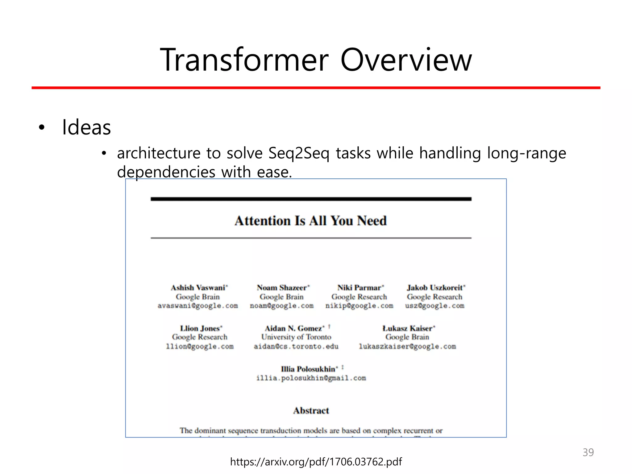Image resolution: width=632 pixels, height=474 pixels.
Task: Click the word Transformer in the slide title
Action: pyautogui.click(x=244, y=60)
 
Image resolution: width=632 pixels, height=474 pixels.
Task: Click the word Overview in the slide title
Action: pyautogui.click(x=406, y=60)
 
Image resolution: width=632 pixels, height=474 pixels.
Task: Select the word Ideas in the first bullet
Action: pyautogui.click(x=86, y=127)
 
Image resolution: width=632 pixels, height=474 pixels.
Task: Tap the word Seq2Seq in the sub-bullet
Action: pyautogui.click(x=299, y=153)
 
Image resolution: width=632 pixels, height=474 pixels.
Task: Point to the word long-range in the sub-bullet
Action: pyautogui.click(x=526, y=153)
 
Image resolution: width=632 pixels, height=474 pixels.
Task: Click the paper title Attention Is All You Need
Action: pyautogui.click(x=310, y=221)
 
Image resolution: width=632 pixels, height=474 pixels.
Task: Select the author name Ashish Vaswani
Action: pyautogui.click(x=198, y=288)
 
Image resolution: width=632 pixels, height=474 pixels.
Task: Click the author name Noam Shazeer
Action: pyautogui.click(x=282, y=288)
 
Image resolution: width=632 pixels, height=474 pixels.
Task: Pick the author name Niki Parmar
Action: pyautogui.click(x=359, y=288)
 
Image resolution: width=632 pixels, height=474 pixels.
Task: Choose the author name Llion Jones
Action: pyautogui.click(x=200, y=328)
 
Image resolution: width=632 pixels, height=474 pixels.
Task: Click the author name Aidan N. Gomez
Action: pyautogui.click(x=293, y=328)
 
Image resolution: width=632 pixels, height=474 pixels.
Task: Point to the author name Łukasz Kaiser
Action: pyautogui.click(x=407, y=328)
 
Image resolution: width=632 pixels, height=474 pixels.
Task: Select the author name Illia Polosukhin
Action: pyautogui.click(x=308, y=369)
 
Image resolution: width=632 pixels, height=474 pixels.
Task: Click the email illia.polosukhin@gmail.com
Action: pyautogui.click(x=311, y=378)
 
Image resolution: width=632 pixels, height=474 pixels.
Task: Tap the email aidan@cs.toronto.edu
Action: pyautogui.click(x=296, y=346)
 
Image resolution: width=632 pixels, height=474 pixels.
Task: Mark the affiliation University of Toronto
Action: pyautogui.click(x=296, y=337)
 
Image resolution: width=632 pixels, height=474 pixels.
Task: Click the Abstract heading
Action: pyautogui.click(x=311, y=410)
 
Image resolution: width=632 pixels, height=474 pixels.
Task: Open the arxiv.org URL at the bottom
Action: pyautogui.click(x=316, y=462)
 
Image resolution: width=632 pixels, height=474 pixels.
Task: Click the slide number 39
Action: pyautogui.click(x=588, y=452)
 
